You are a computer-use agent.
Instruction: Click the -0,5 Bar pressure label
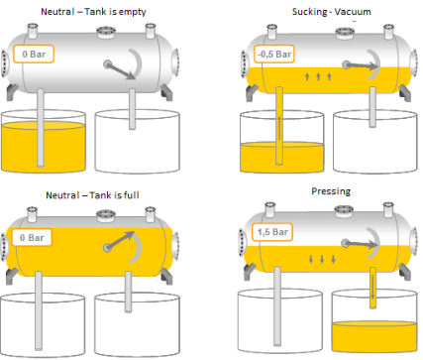pyautogui.click(x=274, y=54)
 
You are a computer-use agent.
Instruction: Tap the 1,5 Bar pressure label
pyautogui.click(x=272, y=232)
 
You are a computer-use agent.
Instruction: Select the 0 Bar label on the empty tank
pyautogui.click(x=34, y=54)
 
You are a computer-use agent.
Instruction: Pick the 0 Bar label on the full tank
pyautogui.click(x=32, y=237)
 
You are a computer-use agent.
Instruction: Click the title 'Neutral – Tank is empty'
pyautogui.click(x=93, y=12)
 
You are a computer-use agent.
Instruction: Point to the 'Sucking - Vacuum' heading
pyautogui.click(x=332, y=12)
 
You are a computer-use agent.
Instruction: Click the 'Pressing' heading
pyautogui.click(x=331, y=191)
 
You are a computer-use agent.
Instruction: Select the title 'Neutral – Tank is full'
pyautogui.click(x=92, y=195)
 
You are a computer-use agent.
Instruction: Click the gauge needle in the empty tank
pyautogui.click(x=120, y=71)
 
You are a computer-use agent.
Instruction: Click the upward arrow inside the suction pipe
pyautogui.click(x=279, y=128)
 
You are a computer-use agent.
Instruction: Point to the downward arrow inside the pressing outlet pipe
pyautogui.click(x=372, y=287)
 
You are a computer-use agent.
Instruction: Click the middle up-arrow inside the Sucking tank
pyautogui.click(x=318, y=76)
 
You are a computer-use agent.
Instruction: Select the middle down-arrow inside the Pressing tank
pyautogui.click(x=322, y=259)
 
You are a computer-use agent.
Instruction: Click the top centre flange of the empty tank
pyautogui.click(x=106, y=33)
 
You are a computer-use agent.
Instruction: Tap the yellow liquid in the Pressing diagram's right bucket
pyautogui.click(x=374, y=336)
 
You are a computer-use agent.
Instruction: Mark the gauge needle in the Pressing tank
pyautogui.click(x=360, y=244)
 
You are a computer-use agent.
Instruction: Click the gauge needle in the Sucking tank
pyautogui.click(x=361, y=65)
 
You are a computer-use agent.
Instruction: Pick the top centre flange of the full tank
pyautogui.click(x=106, y=216)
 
